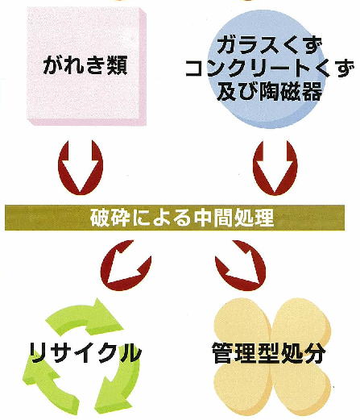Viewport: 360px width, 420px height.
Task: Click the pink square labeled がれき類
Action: point(87,66)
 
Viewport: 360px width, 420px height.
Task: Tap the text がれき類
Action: point(85,65)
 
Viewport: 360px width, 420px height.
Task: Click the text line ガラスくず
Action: point(269,46)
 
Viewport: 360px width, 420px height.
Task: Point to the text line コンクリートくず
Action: point(270,69)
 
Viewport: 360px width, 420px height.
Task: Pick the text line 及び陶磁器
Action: point(270,91)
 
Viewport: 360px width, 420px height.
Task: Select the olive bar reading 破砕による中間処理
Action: point(175,218)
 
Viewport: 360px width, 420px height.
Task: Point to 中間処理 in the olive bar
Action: point(234,218)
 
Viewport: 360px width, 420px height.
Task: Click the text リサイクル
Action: point(86,353)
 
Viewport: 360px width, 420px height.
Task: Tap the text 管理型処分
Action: point(269,353)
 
